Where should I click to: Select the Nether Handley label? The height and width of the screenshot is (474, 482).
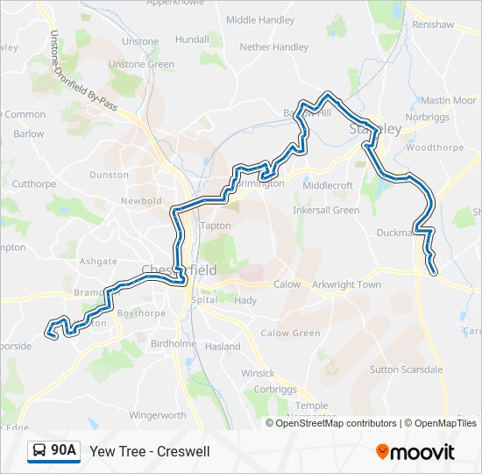[273, 47]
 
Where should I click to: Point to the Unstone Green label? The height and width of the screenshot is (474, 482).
[141, 64]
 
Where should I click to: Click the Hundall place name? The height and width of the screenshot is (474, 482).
[192, 39]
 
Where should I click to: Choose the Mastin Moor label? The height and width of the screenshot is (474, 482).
[447, 101]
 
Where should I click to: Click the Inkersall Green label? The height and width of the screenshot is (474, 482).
[326, 211]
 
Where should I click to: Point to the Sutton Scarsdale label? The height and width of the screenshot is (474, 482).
[406, 370]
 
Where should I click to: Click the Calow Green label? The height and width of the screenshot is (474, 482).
[290, 333]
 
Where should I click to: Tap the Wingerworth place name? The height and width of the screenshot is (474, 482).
[158, 414]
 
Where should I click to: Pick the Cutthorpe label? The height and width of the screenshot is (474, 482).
[33, 183]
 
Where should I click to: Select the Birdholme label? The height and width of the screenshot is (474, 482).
[174, 344]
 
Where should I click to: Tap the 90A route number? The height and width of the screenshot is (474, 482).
[63, 451]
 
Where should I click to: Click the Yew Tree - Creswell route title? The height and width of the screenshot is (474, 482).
[150, 451]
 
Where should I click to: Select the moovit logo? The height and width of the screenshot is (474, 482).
[415, 451]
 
